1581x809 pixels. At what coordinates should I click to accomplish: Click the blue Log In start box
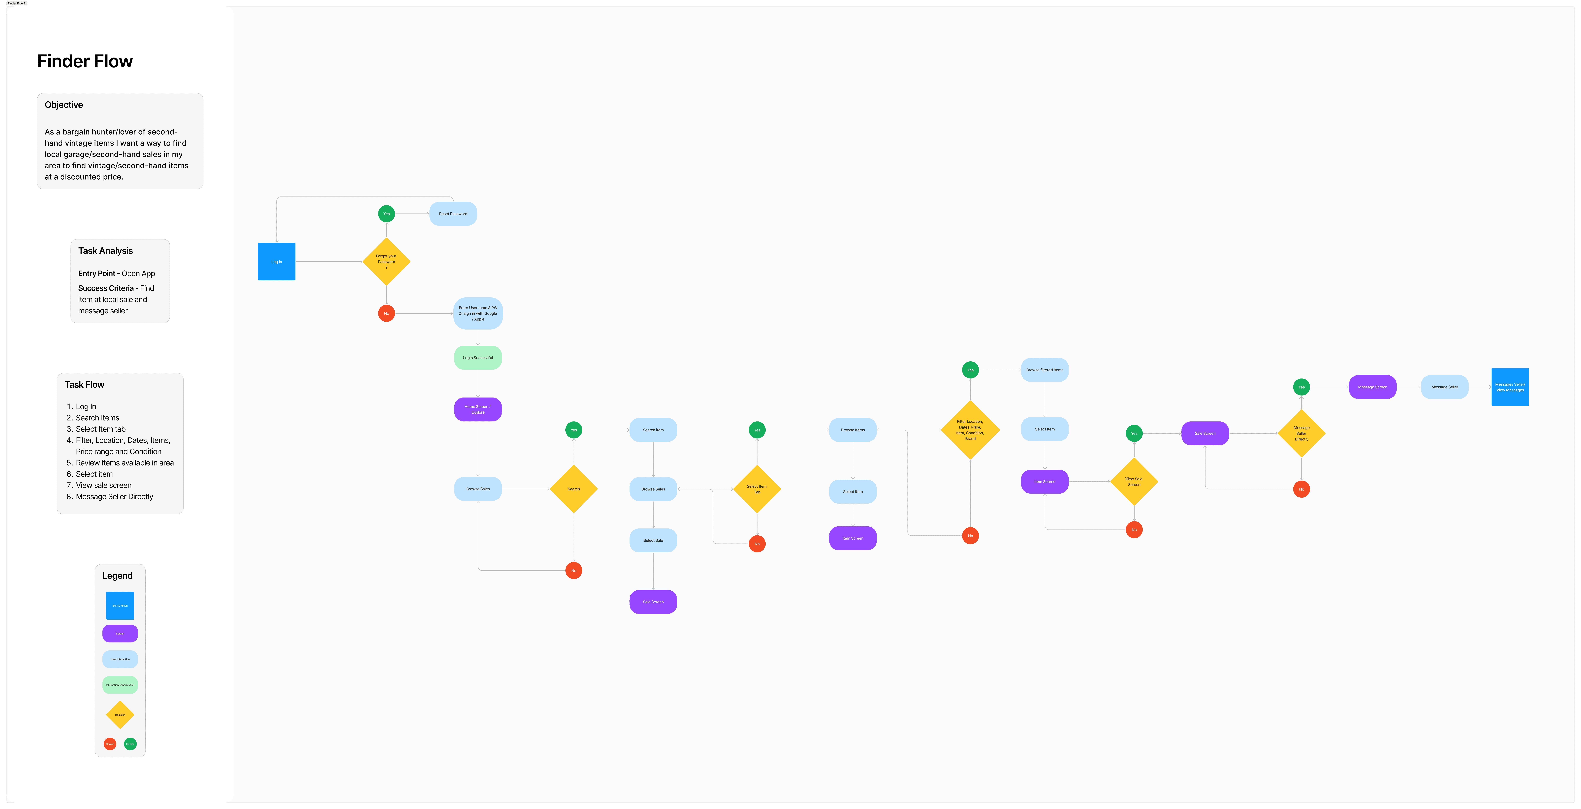click(x=276, y=262)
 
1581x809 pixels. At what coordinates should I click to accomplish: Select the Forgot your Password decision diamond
click(x=386, y=262)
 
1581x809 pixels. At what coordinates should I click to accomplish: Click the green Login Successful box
click(x=478, y=358)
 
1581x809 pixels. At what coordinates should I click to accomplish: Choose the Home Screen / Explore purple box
click(x=478, y=409)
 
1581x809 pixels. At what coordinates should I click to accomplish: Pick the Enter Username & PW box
click(x=478, y=313)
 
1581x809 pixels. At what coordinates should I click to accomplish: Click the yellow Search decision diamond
click(x=573, y=489)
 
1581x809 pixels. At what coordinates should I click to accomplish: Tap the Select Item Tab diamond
click(x=757, y=489)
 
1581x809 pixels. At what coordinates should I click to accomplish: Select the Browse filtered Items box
click(x=1045, y=370)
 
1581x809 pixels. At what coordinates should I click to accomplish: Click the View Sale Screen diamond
click(x=1134, y=482)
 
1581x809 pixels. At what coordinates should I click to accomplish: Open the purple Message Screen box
click(x=1372, y=387)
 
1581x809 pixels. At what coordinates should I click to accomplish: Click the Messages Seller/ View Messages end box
click(x=1510, y=387)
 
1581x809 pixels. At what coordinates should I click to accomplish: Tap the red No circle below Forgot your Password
click(x=386, y=313)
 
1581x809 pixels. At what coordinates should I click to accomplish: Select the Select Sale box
click(x=653, y=540)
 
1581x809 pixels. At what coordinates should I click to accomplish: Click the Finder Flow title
click(x=85, y=61)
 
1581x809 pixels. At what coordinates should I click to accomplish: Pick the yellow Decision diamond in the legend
click(x=120, y=715)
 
